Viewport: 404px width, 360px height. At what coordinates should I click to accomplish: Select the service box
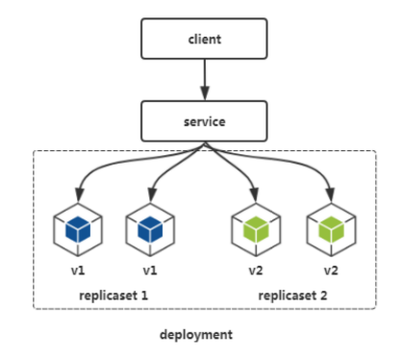(x=203, y=120)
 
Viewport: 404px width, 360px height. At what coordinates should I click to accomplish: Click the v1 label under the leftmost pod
(x=76, y=270)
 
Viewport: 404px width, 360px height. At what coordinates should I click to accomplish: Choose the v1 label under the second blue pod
(x=150, y=270)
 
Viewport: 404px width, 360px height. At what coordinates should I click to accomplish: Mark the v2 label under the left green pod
(x=256, y=270)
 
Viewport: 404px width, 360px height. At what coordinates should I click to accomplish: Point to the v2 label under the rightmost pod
(x=330, y=270)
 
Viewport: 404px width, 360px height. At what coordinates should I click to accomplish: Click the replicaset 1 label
(x=113, y=294)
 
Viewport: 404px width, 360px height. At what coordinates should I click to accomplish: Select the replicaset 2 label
(x=292, y=294)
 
